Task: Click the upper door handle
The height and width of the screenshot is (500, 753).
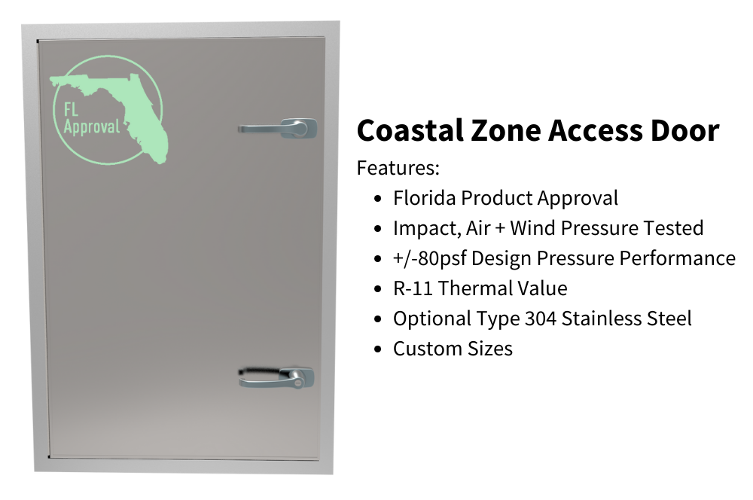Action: point(279,128)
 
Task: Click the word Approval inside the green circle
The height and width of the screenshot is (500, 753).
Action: point(91,126)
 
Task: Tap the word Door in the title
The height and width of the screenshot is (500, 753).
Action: point(681,131)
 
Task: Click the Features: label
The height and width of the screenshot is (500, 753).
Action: point(398,167)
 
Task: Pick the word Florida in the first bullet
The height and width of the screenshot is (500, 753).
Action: point(424,198)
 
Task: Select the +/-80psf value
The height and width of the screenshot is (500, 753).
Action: point(428,258)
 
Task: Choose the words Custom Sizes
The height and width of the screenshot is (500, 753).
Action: point(453,349)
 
